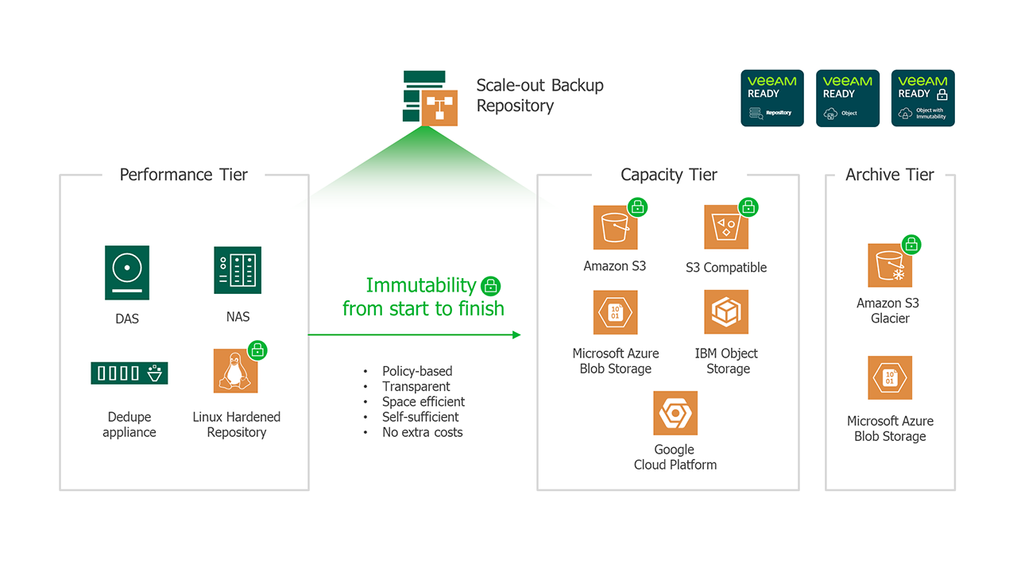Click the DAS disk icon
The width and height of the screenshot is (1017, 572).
(x=127, y=272)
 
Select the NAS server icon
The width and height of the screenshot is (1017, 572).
(x=238, y=271)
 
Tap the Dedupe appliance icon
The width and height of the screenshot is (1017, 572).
(x=129, y=373)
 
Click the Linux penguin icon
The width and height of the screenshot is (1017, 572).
(x=234, y=372)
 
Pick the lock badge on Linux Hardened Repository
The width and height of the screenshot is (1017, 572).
(x=257, y=350)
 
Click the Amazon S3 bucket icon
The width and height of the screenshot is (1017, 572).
(x=615, y=228)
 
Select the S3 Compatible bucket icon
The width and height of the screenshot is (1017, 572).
(x=725, y=228)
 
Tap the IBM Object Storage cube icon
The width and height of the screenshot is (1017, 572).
(x=726, y=312)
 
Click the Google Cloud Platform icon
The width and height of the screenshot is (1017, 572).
(x=675, y=412)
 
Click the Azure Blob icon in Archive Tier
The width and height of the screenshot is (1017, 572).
(x=890, y=377)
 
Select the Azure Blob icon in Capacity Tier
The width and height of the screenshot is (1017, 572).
(x=615, y=312)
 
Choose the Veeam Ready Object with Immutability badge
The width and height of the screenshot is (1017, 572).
(x=922, y=98)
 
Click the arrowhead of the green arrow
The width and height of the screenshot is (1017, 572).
(x=516, y=334)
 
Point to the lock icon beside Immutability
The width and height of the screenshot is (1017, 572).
(x=491, y=286)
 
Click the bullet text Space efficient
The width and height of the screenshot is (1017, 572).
(x=423, y=402)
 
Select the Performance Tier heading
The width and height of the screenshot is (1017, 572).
(x=184, y=175)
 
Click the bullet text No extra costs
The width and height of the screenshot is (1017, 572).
(x=422, y=432)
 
